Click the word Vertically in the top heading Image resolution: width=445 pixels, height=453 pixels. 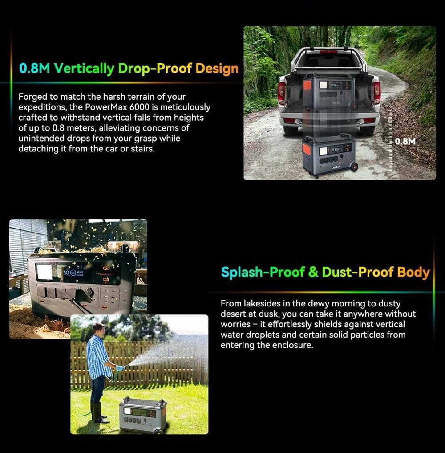point(84,69)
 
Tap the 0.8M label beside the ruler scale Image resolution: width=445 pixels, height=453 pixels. point(405,141)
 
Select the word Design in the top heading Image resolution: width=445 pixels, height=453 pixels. point(217,69)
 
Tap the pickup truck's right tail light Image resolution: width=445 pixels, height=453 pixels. point(376,92)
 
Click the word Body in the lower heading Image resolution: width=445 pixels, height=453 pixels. point(413,273)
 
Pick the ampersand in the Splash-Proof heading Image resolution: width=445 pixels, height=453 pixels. point(313,272)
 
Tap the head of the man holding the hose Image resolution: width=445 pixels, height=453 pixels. point(98,329)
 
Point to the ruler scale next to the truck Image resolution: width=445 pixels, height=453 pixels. point(391,141)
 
